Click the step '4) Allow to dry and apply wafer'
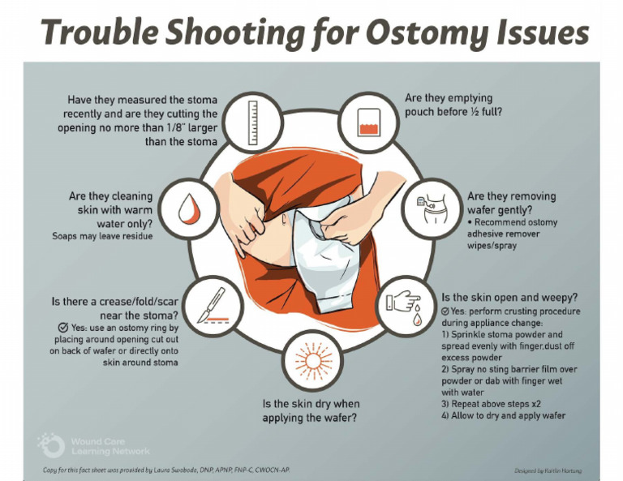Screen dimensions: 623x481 coord(503,415)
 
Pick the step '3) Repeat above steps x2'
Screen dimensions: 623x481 coord(491,402)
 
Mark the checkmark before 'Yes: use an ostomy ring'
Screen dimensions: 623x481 coord(51,328)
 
